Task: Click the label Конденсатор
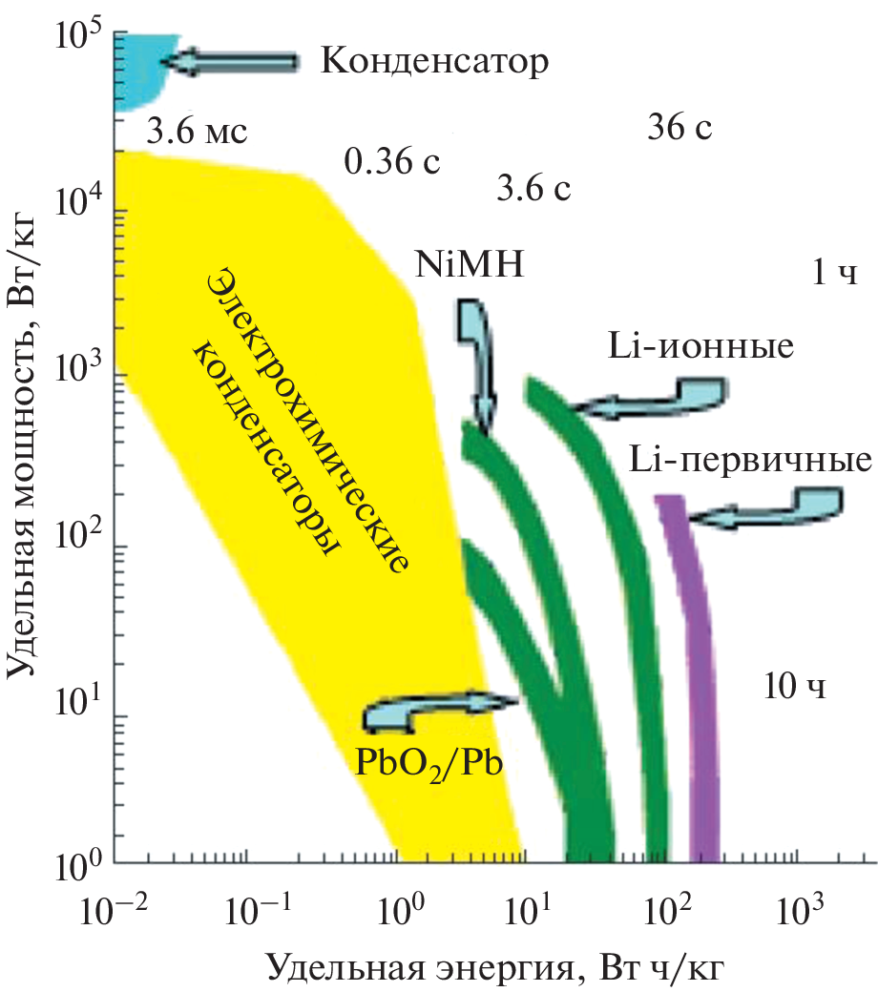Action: pyautogui.click(x=435, y=62)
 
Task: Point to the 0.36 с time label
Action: pyautogui.click(x=391, y=162)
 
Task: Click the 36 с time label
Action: pyautogui.click(x=679, y=126)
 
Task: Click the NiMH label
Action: pyautogui.click(x=470, y=263)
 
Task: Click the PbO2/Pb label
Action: pyautogui.click(x=428, y=763)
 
